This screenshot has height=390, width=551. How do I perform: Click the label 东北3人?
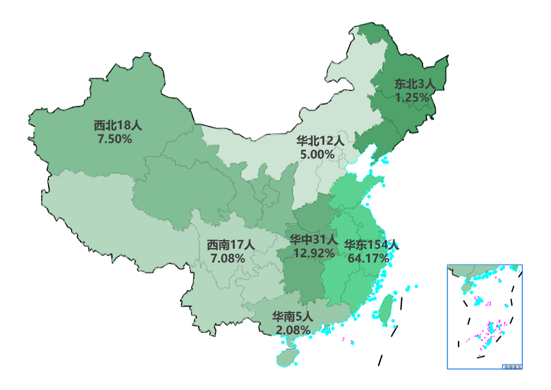415,84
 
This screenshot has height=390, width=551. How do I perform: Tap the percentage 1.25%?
412,98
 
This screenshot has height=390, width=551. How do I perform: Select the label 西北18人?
117,125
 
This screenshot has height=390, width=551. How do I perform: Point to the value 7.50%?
115,139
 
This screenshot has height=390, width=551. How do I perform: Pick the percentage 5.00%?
317,154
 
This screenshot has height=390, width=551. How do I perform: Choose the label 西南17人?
231,245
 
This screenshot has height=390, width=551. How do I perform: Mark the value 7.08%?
228,258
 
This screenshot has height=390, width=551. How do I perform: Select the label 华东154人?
371,245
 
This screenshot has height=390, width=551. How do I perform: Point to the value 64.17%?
368,258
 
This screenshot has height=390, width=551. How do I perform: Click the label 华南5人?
293,316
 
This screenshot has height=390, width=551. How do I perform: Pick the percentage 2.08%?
293,330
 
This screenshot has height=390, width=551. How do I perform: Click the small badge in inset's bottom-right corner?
511,366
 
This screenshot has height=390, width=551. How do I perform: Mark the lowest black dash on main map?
380,360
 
